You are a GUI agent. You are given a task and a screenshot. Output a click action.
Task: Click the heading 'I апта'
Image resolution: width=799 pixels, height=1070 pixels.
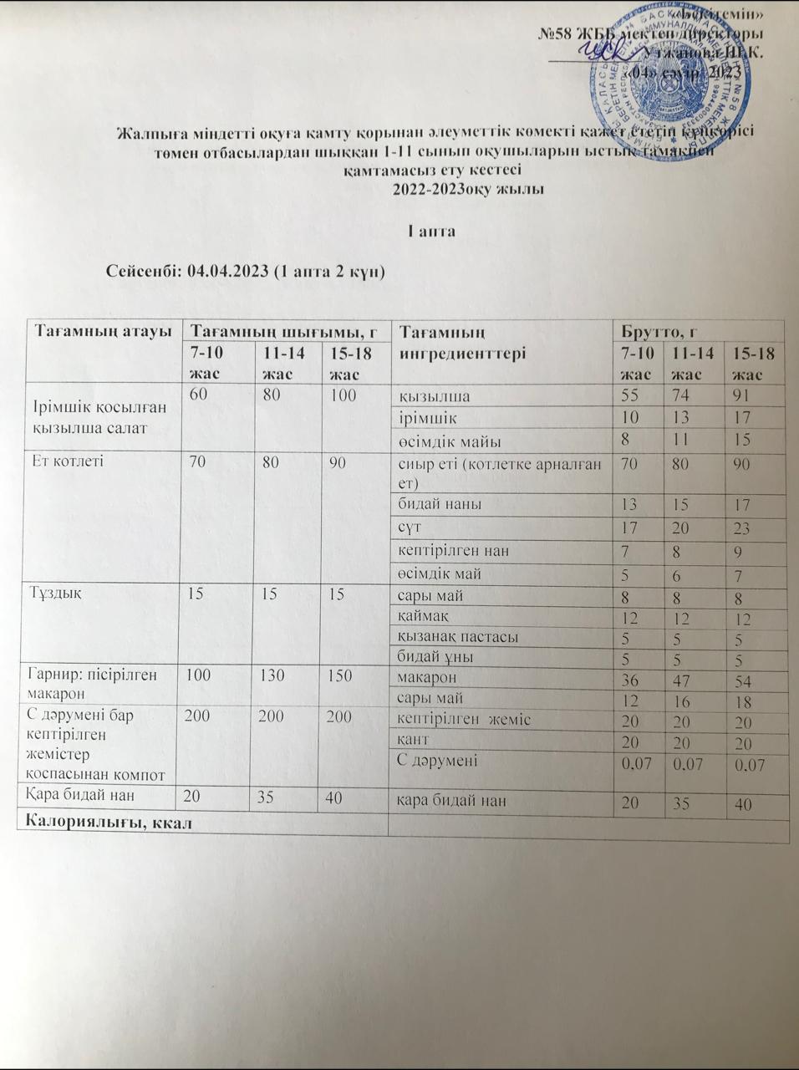tap(430, 230)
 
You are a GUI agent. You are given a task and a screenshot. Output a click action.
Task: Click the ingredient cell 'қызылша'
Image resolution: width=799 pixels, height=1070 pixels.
tap(434, 396)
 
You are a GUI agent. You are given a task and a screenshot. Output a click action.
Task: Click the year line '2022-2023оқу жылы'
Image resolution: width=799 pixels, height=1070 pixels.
tap(468, 189)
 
